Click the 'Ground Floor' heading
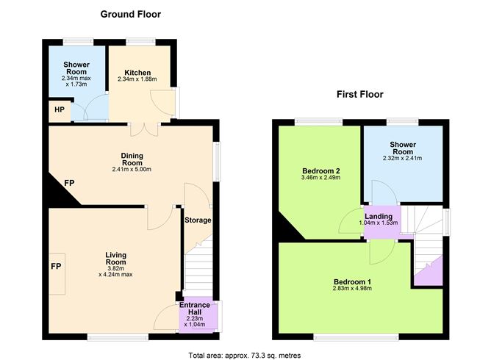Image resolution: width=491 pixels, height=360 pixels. pyautogui.click(x=130, y=14)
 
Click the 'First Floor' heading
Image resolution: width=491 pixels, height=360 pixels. pyautogui.click(x=362, y=93)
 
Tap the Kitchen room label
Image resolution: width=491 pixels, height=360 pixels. pyautogui.click(x=137, y=73)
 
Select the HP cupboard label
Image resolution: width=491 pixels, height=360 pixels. pyautogui.click(x=59, y=111)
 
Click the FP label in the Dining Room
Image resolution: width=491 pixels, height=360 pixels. pyautogui.click(x=69, y=182)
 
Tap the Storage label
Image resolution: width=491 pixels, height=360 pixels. pyautogui.click(x=198, y=220)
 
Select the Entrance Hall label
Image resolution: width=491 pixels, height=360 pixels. pyautogui.click(x=195, y=309)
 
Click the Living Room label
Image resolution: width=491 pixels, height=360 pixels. pyautogui.click(x=115, y=259)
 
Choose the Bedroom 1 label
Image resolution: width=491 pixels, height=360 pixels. pyautogui.click(x=353, y=282)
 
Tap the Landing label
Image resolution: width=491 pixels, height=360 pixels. pyautogui.click(x=379, y=216)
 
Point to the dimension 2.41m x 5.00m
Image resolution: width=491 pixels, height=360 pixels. pyautogui.click(x=132, y=170)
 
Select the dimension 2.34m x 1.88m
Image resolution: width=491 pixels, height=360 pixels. pyautogui.click(x=137, y=81)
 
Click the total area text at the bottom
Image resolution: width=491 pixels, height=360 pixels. pyautogui.click(x=245, y=355)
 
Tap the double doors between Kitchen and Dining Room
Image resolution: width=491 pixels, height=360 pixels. pyautogui.click(x=146, y=129)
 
